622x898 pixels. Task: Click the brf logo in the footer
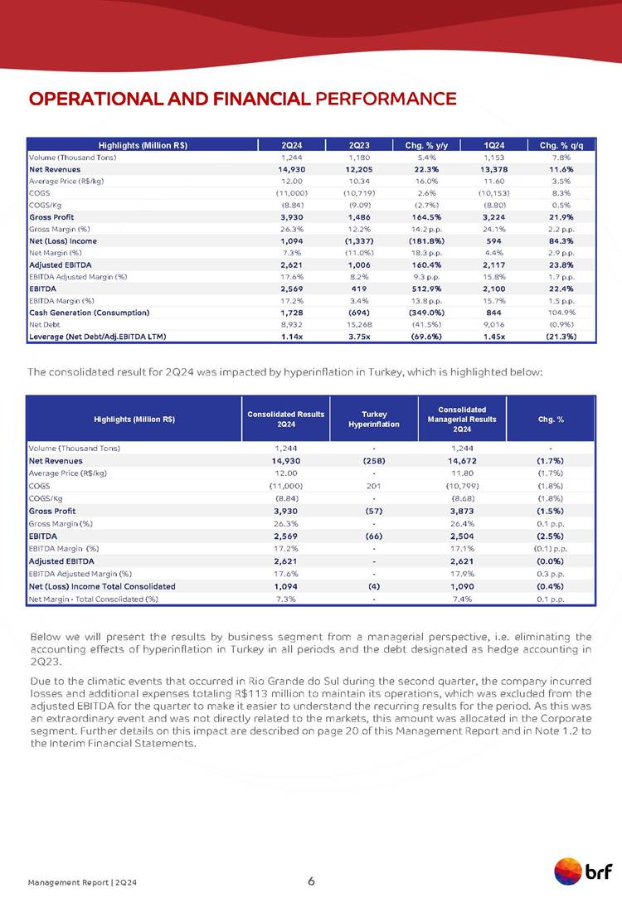583,872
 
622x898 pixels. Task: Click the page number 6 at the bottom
311,880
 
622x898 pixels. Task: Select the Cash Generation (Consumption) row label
89,313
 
